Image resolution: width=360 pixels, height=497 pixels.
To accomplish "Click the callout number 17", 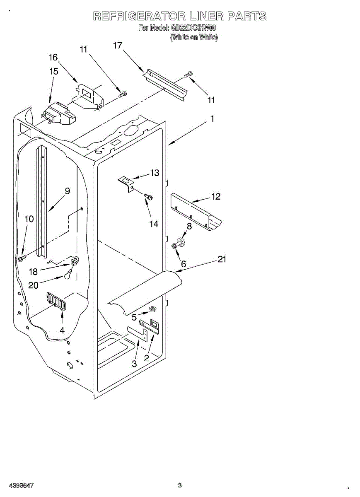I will point(118,45).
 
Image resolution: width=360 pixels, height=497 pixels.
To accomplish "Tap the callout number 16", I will point(53,58).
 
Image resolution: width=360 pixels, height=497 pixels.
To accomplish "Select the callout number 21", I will point(222,259).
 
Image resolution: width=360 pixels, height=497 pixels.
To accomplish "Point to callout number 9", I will point(67,191).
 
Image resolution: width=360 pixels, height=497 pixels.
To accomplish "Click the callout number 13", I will point(155,173).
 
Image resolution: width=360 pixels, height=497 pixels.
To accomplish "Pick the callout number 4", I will point(62,330).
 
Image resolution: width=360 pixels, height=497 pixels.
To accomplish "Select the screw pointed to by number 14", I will point(148,197).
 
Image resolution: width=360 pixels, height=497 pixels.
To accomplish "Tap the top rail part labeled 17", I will point(164,85).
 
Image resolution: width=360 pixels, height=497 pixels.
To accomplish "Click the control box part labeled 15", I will point(58,114).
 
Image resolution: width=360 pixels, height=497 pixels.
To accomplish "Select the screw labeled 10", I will point(21,259).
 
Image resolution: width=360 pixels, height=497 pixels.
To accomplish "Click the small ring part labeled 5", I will point(152,309).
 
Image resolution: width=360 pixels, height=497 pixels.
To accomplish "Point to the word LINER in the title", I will point(205,16).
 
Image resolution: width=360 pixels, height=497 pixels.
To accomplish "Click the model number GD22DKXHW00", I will point(193,28).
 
